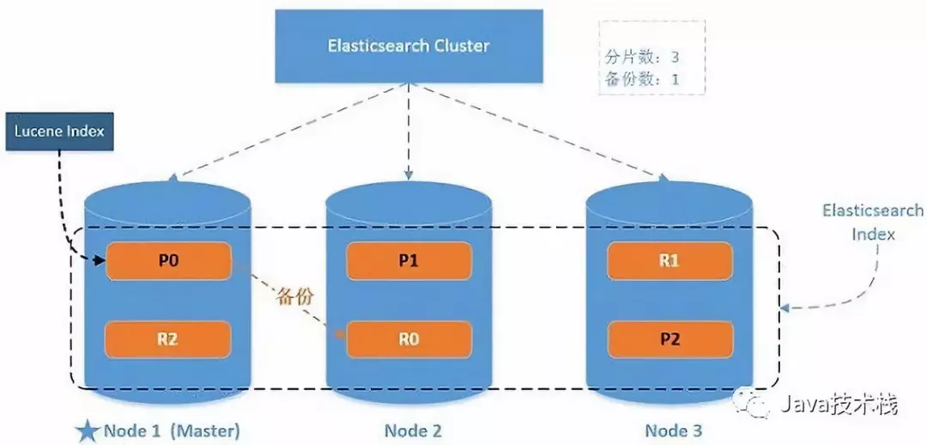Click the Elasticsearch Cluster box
click(409, 46)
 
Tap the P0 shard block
click(168, 260)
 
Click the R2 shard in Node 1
click(168, 339)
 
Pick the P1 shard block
click(409, 260)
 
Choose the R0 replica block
click(409, 339)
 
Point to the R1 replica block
click(670, 260)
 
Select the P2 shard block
click(670, 339)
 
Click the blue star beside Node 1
click(88, 430)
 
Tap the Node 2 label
click(413, 430)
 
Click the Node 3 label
click(673, 430)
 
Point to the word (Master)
click(205, 430)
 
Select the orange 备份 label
click(294, 297)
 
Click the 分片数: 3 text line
click(642, 58)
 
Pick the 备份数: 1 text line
click(642, 79)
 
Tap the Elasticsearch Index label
click(873, 222)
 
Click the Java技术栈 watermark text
click(839, 405)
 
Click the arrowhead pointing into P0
click(101, 260)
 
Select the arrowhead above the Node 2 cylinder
click(409, 174)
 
